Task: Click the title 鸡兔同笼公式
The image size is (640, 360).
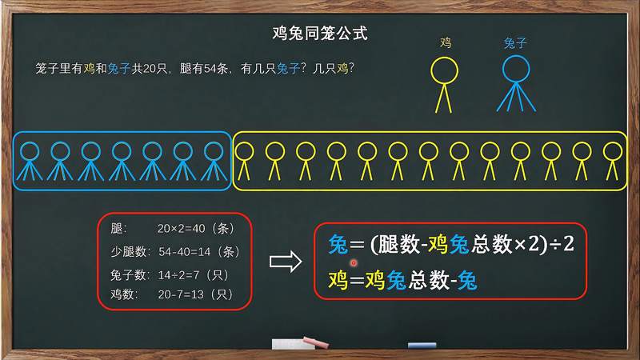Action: tap(320, 34)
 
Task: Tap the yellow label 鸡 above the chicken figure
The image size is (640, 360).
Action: tap(446, 43)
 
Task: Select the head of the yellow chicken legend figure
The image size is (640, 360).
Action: tap(446, 70)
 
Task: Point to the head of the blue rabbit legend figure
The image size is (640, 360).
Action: tap(515, 70)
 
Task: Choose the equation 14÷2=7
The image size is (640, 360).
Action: tap(179, 274)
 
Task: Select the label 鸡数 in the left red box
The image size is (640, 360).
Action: tap(123, 295)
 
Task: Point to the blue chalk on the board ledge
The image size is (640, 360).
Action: tap(422, 346)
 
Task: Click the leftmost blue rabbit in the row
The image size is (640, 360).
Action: tap(30, 161)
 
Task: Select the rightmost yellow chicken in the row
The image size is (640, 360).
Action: tap(613, 161)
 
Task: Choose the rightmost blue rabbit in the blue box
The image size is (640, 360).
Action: tap(213, 161)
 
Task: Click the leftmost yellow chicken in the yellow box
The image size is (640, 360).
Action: tap(245, 161)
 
